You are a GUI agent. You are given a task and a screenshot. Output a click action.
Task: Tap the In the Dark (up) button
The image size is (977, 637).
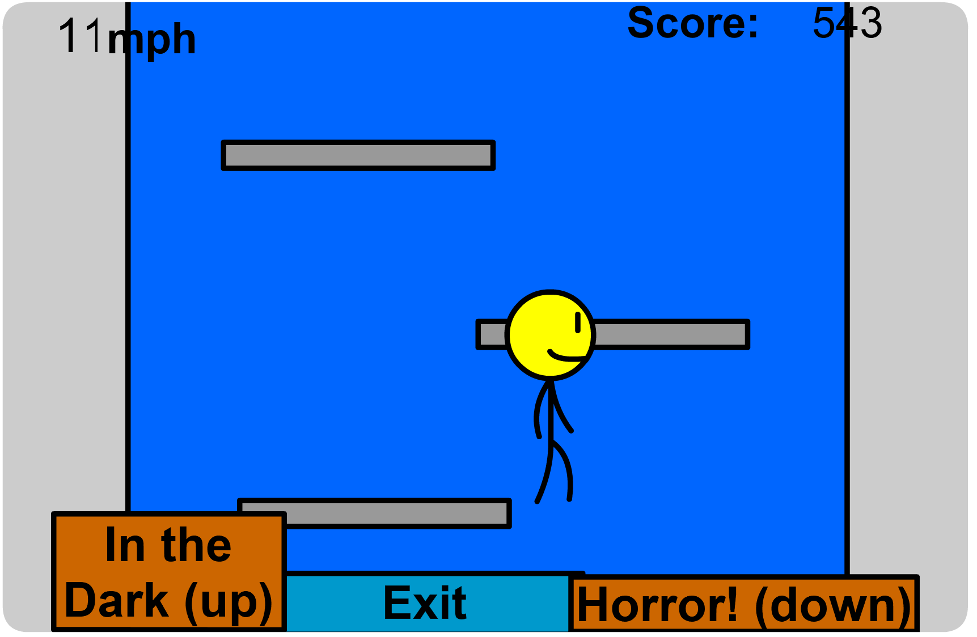(168, 571)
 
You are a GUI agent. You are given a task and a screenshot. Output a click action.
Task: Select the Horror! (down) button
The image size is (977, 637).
(744, 604)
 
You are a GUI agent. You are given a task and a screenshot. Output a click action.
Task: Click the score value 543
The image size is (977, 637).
(847, 23)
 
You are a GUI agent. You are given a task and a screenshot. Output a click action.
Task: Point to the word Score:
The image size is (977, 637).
(692, 23)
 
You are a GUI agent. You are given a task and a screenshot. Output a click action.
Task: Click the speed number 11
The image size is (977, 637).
(81, 37)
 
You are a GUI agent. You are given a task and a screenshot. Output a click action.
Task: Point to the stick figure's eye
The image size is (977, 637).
(578, 322)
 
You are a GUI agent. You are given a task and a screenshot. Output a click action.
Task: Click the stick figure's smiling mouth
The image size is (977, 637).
(567, 356)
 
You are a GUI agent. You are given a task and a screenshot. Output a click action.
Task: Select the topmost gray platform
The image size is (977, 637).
(358, 155)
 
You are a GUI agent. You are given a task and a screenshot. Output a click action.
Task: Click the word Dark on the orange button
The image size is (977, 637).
(117, 601)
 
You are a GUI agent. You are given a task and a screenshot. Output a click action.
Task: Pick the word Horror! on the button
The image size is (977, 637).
(658, 605)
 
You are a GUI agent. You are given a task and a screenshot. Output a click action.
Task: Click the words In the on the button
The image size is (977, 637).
(168, 545)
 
